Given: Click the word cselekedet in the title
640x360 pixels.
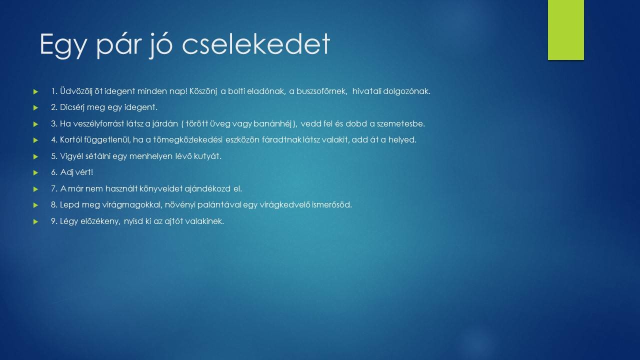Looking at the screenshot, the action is pos(256,44).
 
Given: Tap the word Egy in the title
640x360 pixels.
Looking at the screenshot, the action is pos(62,45).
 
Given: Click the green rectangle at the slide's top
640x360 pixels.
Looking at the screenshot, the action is pos(565,30).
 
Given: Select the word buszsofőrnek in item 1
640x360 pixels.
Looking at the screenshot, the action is pos(321,91).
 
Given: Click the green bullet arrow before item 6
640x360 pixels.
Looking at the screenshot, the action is pos(35,173).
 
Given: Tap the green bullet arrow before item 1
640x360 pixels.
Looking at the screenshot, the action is pos(35,92).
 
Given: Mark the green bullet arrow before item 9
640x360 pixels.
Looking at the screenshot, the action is pos(35,221).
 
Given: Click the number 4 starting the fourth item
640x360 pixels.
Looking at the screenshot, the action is pos(53,140).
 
